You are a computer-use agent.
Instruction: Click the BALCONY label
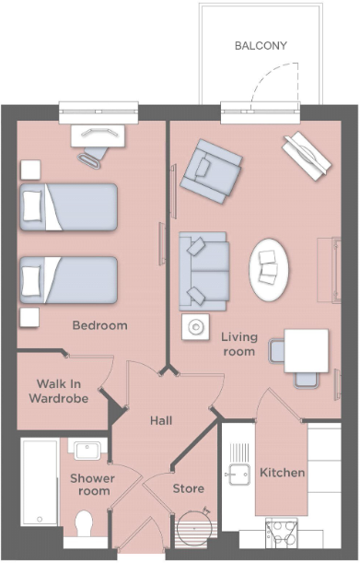click(x=261, y=45)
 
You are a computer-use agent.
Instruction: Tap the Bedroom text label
click(x=100, y=325)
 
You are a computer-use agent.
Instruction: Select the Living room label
click(x=238, y=344)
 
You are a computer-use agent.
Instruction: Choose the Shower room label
click(x=92, y=485)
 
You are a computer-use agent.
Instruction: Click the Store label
click(x=189, y=487)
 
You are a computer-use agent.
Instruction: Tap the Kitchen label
click(x=282, y=472)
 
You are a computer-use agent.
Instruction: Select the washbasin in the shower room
click(x=88, y=451)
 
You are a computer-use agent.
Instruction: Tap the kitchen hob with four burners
click(x=281, y=533)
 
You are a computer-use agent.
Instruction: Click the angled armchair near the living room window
click(x=211, y=170)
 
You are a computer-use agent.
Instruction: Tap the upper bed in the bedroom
click(x=70, y=206)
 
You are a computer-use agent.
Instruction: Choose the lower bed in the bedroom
click(x=70, y=280)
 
